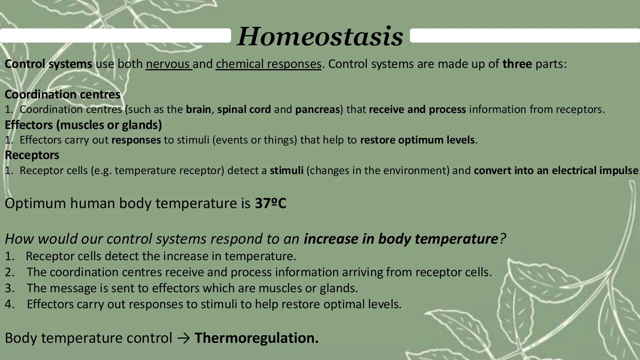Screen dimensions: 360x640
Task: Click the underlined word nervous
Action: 168,64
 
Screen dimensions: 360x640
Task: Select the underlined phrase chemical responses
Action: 268,64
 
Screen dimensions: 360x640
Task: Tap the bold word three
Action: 517,64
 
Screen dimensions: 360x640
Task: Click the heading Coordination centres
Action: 63,94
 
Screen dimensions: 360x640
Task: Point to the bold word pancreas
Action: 317,109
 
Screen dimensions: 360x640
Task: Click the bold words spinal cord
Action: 244,109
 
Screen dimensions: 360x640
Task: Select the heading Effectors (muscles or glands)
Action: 83,125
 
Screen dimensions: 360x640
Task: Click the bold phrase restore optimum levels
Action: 417,140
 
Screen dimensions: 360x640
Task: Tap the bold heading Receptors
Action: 32,155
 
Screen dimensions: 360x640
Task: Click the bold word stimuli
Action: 286,170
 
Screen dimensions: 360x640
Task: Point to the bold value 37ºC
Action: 270,203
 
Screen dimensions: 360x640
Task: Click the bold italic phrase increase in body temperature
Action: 401,239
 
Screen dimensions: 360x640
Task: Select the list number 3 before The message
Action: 9,288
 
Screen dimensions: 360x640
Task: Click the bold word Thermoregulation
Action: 256,338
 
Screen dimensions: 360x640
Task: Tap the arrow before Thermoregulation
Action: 184,338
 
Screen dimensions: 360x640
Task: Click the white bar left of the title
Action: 115,35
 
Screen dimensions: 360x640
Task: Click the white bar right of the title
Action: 525,35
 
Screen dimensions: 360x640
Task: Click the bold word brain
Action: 198,109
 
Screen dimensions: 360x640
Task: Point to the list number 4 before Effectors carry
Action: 9,304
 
